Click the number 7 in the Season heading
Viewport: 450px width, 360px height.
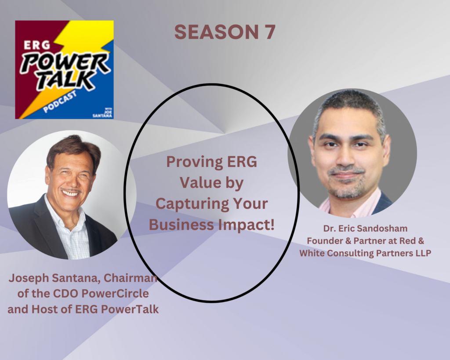pos(269,32)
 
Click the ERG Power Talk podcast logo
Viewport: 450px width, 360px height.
pos(64,69)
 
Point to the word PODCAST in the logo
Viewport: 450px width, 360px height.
pos(60,102)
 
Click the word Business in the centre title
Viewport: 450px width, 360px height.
pos(181,225)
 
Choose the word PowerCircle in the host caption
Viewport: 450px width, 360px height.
pos(115,293)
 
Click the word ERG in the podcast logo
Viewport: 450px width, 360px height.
pos(37,45)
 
